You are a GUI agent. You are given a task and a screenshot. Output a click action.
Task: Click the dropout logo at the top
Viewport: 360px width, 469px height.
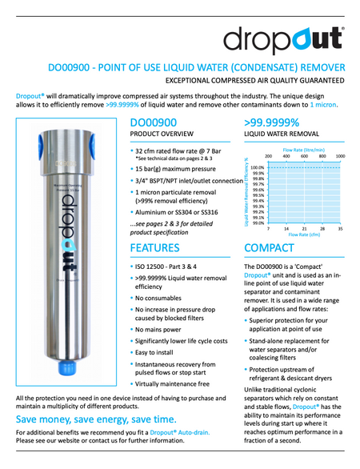(284, 38)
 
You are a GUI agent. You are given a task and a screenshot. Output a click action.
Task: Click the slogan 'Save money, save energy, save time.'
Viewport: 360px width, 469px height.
(96, 419)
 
